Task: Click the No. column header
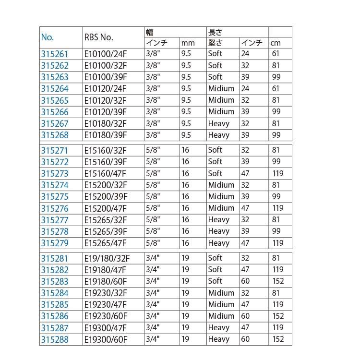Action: pyautogui.click(x=48, y=37)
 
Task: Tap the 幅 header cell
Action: pyautogui.click(x=150, y=32)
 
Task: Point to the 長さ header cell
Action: pyautogui.click(x=215, y=32)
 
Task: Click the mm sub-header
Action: pyautogui.click(x=188, y=43)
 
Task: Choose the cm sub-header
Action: pyautogui.click(x=275, y=43)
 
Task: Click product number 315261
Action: pyautogui.click(x=55, y=54)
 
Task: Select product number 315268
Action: pyautogui.click(x=55, y=135)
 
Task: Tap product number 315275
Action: pyautogui.click(x=55, y=197)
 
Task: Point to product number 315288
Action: pyautogui.click(x=55, y=339)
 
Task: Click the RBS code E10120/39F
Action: pyautogui.click(x=105, y=112)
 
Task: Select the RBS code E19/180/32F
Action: pyautogui.click(x=107, y=258)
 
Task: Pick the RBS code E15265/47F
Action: pyautogui.click(x=105, y=243)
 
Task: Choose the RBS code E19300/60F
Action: pyautogui.click(x=105, y=339)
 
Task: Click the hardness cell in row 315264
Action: pyautogui.click(x=221, y=89)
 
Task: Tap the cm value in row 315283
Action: pyautogui.click(x=277, y=281)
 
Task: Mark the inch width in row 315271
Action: pyautogui.click(x=152, y=150)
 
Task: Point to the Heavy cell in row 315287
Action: pyautogui.click(x=219, y=328)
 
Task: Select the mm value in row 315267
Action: pyautogui.click(x=186, y=123)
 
